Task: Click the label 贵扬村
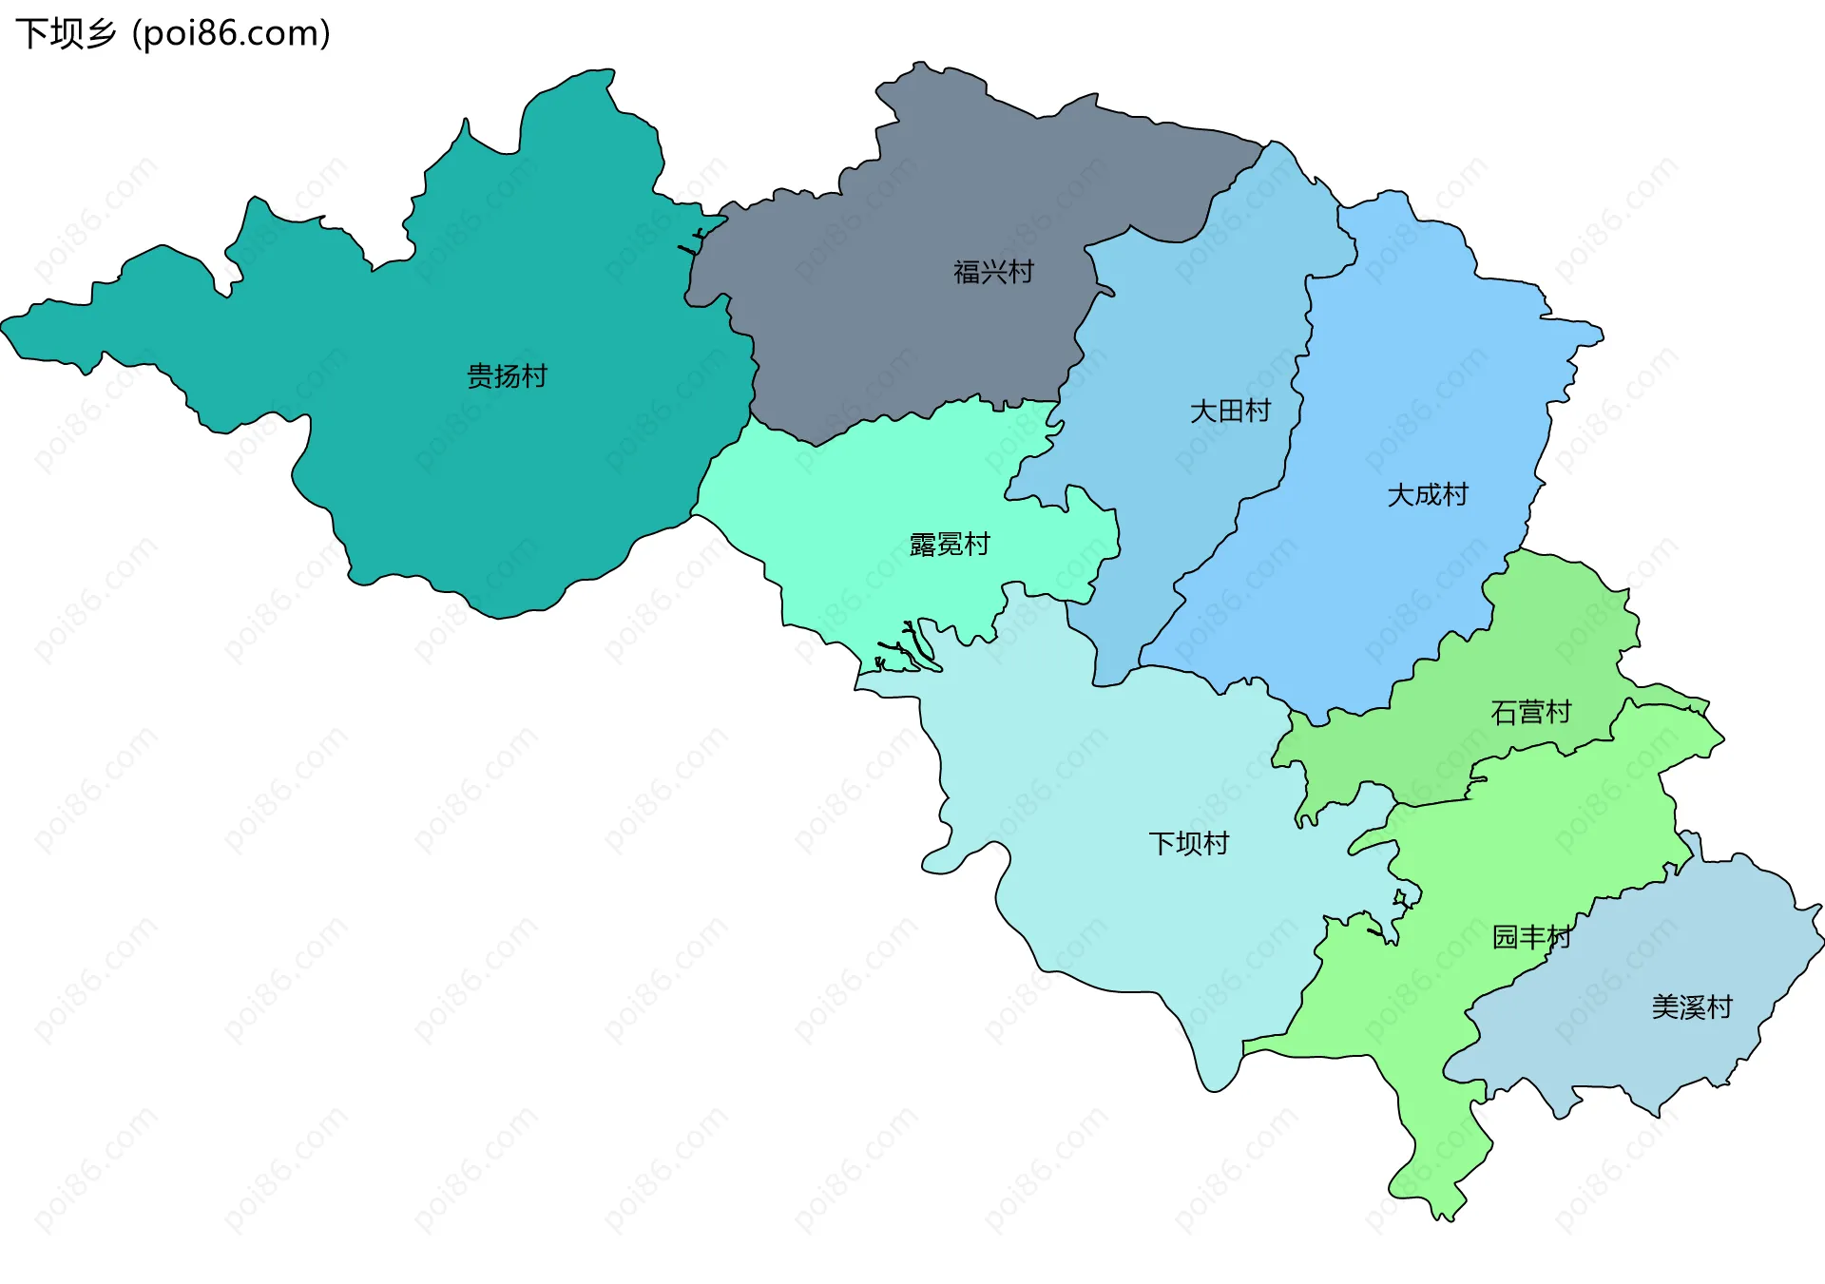507,376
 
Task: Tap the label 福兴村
993,273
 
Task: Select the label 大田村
1230,412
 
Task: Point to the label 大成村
1427,495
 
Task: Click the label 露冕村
950,545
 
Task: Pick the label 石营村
1530,713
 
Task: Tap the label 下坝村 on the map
1188,844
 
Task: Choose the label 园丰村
1531,937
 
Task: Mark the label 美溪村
1692,1007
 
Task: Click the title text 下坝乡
66,34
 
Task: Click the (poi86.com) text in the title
231,34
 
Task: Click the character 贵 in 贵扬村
480,376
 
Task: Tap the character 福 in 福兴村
967,273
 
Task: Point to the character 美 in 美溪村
1665,1007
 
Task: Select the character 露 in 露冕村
923,545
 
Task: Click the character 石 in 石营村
1504,713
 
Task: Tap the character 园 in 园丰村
1505,937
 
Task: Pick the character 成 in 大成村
1428,495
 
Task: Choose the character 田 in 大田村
1231,412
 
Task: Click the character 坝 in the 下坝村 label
1189,844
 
